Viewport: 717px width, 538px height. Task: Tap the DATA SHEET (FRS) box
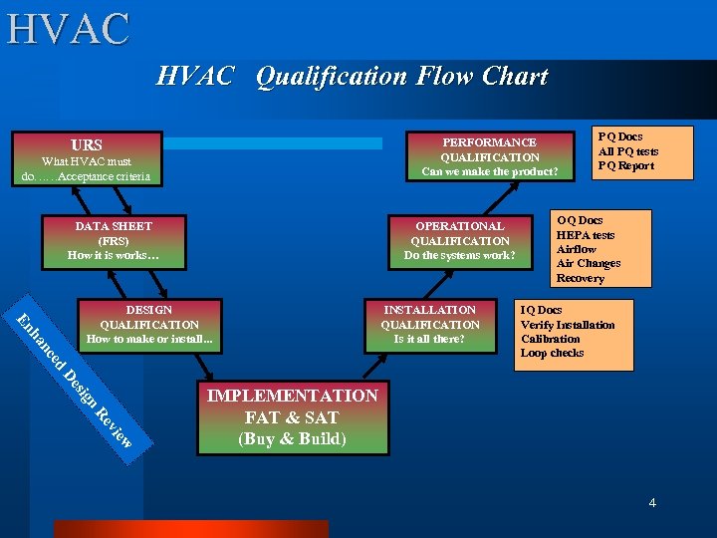(113, 240)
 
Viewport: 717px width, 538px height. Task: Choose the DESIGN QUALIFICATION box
(148, 325)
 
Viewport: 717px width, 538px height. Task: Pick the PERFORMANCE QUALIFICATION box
(489, 156)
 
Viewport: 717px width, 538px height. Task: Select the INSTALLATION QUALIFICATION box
(430, 325)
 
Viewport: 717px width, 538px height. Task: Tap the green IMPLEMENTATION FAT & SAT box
(292, 416)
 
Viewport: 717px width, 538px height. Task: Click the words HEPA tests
(586, 235)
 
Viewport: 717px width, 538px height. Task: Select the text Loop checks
(552, 354)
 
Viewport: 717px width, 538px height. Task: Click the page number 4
(652, 503)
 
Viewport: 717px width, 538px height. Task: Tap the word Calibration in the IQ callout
(550, 339)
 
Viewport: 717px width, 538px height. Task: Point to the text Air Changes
(589, 264)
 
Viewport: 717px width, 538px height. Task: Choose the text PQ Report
(626, 166)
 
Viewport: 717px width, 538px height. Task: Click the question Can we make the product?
(489, 171)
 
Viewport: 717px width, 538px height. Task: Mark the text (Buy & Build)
(292, 439)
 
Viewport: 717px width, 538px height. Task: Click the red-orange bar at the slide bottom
(190, 529)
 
